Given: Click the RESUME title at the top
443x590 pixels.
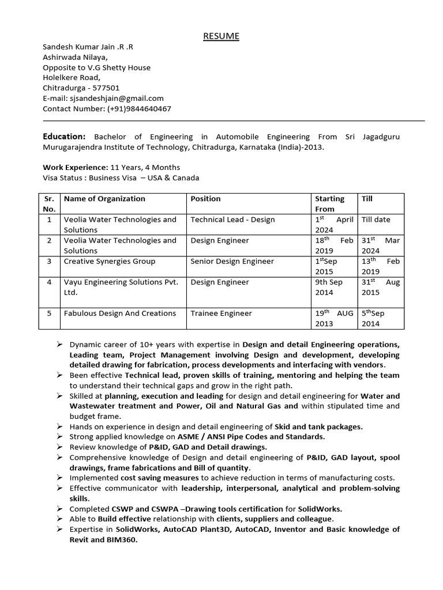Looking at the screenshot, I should (x=221, y=36).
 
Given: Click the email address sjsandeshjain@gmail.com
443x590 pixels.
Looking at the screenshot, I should (x=116, y=99).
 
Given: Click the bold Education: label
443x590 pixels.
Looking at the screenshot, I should (x=64, y=137).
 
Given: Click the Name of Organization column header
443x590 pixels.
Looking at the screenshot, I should (x=104, y=199).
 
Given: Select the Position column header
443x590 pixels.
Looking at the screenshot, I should (x=205, y=199).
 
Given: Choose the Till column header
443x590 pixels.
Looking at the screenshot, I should (x=367, y=199).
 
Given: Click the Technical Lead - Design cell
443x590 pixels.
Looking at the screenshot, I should (x=232, y=220).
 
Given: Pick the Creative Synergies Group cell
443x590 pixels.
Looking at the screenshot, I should (x=109, y=262).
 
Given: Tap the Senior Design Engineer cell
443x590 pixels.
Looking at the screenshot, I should (x=232, y=262).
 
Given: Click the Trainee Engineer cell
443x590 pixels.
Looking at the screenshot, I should (x=221, y=313).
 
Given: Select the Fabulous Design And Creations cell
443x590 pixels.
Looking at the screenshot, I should (x=119, y=313).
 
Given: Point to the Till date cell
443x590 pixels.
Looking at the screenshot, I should (x=376, y=220).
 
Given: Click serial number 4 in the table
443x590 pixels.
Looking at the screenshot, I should (x=50, y=282).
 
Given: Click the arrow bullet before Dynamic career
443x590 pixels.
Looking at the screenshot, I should (x=59, y=345).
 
